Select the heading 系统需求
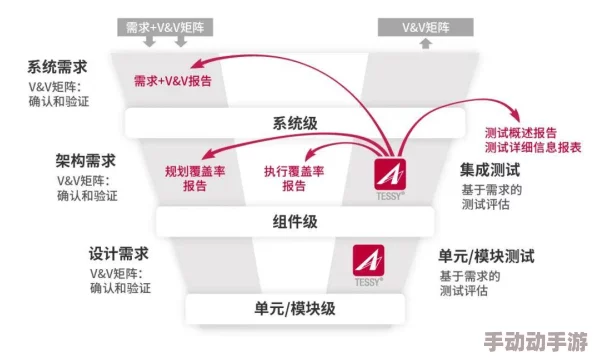58,68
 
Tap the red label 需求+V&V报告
173,81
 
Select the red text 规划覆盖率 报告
195,178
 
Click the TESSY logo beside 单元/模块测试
369,262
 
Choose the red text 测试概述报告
520,132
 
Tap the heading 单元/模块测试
486,255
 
